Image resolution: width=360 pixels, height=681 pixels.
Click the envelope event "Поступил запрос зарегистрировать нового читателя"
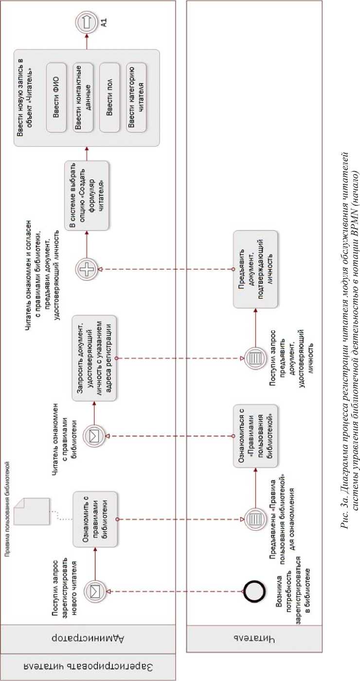pos(94,591)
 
